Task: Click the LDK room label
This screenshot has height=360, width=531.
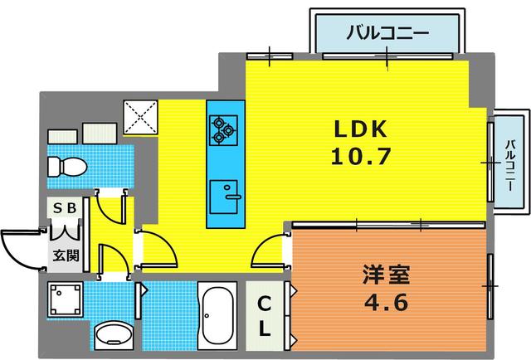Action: [361, 130]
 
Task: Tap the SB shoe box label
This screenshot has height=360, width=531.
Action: [66, 209]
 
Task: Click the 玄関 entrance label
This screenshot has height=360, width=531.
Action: [66, 255]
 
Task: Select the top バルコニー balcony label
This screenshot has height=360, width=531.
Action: [387, 35]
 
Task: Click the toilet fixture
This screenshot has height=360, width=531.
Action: [66, 168]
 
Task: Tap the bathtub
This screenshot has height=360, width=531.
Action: [217, 318]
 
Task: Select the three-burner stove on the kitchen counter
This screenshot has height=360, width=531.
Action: [222, 126]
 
